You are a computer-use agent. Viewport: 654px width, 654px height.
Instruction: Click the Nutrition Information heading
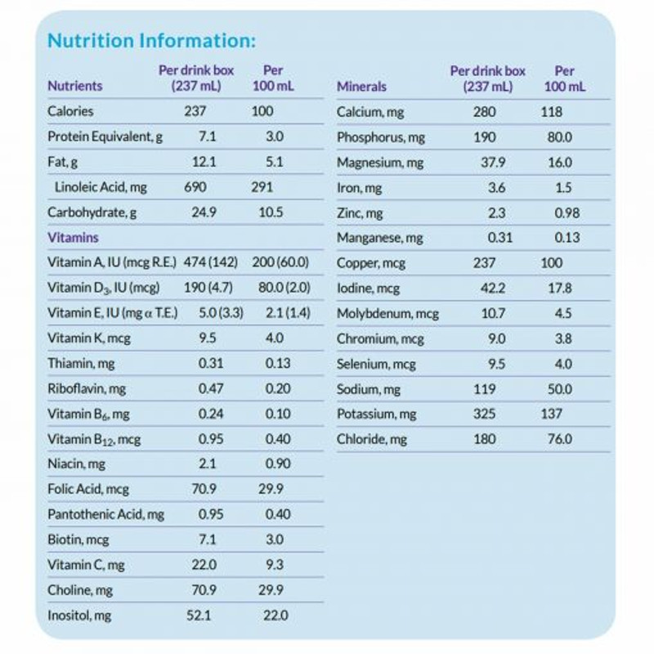151,40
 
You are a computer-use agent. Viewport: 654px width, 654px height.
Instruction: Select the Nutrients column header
75,85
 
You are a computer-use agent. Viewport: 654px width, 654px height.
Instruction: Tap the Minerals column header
361,86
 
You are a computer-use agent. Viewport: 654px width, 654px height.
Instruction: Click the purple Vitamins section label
74,238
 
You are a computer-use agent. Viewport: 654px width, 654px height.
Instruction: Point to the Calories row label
70,111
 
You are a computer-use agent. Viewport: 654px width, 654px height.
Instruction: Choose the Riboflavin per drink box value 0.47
210,388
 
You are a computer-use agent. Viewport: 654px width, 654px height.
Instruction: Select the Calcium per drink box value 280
484,111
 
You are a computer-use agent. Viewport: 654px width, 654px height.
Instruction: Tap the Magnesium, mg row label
380,163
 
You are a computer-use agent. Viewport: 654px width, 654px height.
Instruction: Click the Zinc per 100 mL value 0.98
566,213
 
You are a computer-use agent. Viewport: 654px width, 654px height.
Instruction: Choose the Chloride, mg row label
372,440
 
